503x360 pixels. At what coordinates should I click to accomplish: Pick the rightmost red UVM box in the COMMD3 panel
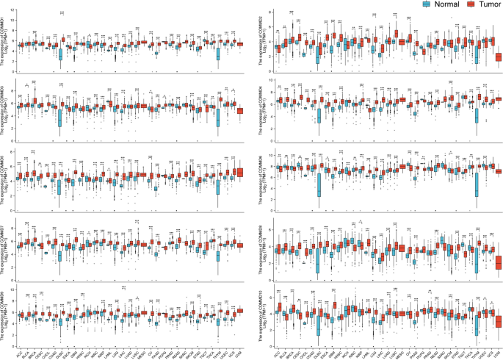coord(239,110)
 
